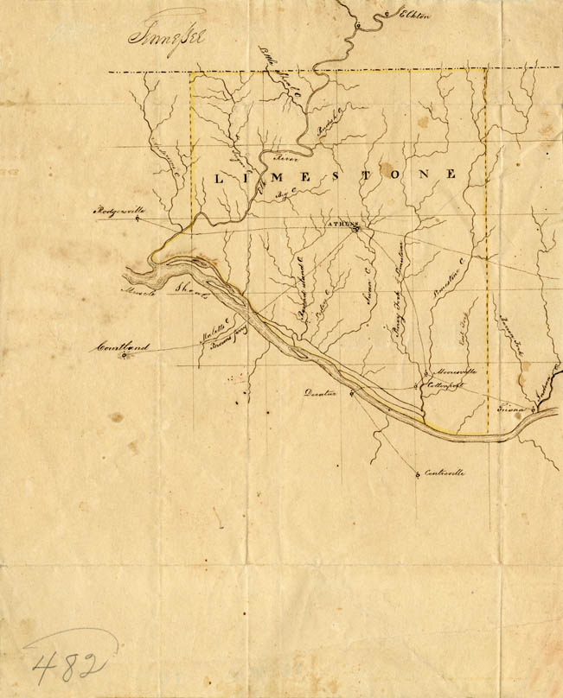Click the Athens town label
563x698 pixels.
(x=341, y=224)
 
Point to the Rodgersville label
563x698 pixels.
(x=118, y=210)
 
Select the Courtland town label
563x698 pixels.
(x=122, y=347)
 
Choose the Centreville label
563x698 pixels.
(x=445, y=473)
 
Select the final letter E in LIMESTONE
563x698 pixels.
(x=450, y=174)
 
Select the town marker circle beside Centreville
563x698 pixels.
(x=418, y=473)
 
